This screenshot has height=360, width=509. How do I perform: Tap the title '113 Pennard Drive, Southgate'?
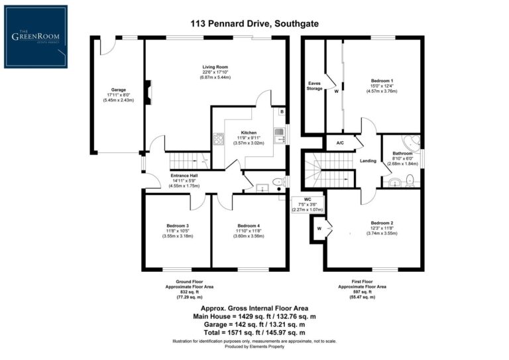pos(254,23)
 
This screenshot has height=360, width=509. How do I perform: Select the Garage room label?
pos(119,90)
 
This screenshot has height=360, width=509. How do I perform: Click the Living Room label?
pos(215,67)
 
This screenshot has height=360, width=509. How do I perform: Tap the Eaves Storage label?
pos(314,86)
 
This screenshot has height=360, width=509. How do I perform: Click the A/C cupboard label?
pos(340,143)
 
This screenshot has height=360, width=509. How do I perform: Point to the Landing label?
pos(368,160)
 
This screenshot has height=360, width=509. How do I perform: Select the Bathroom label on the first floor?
pos(402,152)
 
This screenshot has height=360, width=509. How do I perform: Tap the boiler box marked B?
pos(282,111)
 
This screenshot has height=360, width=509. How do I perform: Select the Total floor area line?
pos(254,331)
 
